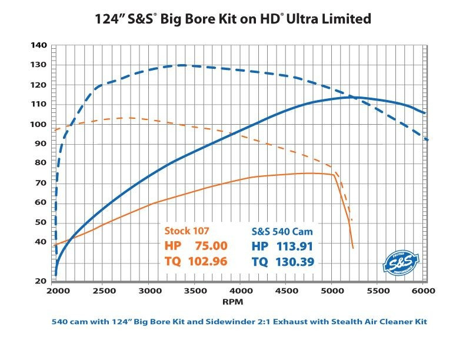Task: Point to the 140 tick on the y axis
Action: pyautogui.click(x=38, y=45)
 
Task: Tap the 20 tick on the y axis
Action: pyautogui.click(x=39, y=281)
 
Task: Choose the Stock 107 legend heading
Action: pyautogui.click(x=188, y=230)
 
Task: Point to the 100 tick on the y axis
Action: pyautogui.click(x=38, y=124)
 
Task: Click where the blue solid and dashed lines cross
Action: pyautogui.click(x=351, y=96)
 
